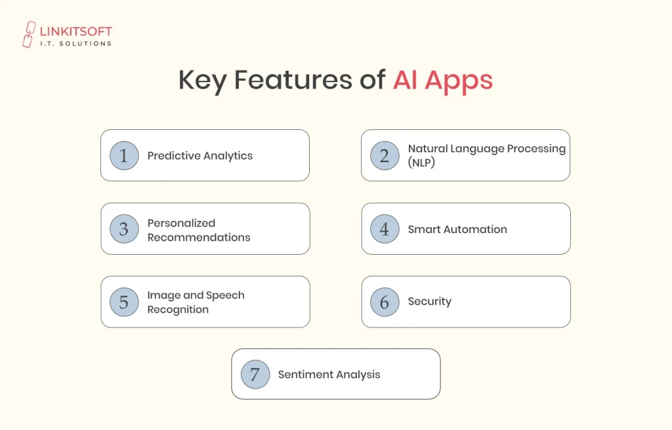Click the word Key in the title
[203, 80]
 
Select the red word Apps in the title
[459, 80]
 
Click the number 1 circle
[124, 156]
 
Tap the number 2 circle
[385, 156]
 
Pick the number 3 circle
[124, 229]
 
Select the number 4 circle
[385, 229]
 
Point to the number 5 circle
[124, 302]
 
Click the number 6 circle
[385, 302]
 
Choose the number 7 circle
[255, 374]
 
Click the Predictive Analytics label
[199, 156]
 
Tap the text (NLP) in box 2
[421, 162]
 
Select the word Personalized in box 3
[181, 223]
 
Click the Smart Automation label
[457, 229]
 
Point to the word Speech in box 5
[224, 295]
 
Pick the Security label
[429, 301]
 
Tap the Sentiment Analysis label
[329, 374]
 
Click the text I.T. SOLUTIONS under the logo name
[76, 44]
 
